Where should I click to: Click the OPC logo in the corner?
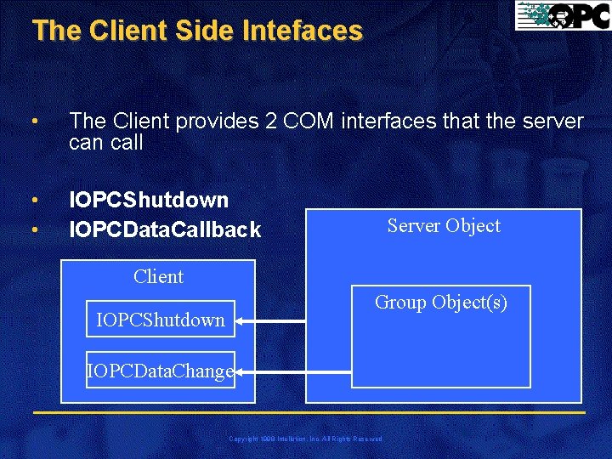pos(562,16)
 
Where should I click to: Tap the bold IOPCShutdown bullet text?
pos(149,200)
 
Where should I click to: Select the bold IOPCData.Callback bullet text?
pos(165,229)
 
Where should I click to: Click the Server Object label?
pos(444,225)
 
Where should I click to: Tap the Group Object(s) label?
pos(441,302)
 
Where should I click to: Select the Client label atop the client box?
pos(158,276)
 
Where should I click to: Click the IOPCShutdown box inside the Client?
pos(161,320)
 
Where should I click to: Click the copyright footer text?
pos(306,439)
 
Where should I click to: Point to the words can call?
pos(106,143)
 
